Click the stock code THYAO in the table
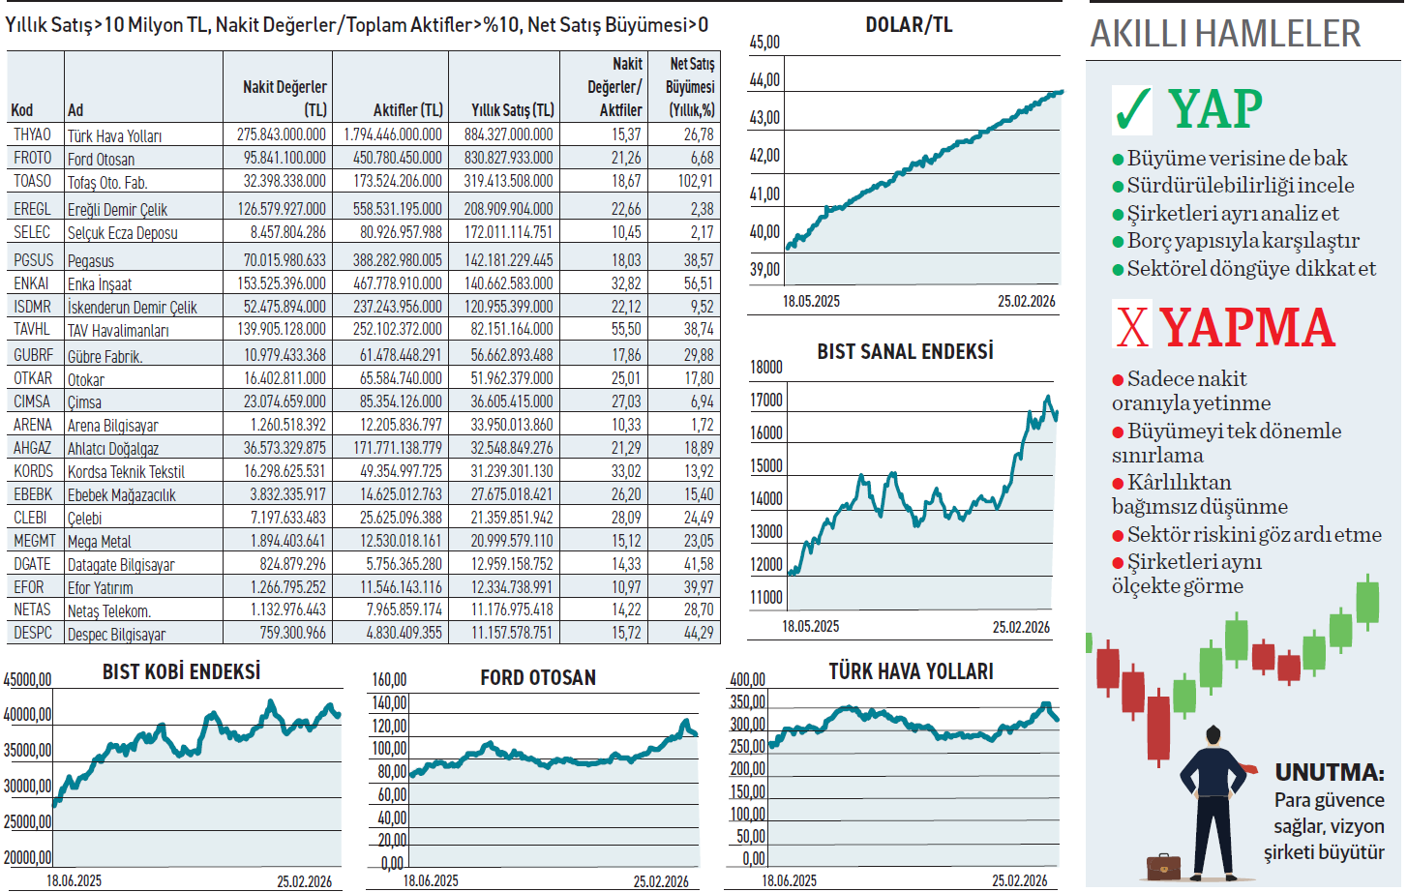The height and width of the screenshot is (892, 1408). click(32, 134)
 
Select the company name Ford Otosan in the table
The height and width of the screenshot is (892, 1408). click(101, 159)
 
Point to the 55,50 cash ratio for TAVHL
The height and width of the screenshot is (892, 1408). click(625, 329)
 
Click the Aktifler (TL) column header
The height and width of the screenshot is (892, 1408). click(407, 110)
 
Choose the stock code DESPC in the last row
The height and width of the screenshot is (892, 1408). click(33, 633)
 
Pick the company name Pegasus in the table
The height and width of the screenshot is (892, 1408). click(91, 260)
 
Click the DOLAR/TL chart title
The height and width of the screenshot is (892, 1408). click(909, 25)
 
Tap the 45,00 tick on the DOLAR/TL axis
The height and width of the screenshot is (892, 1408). click(764, 43)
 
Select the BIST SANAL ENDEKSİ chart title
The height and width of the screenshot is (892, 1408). click(905, 351)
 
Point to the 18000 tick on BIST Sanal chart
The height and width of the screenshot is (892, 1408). click(766, 368)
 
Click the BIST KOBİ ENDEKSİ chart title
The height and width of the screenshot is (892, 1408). click(181, 671)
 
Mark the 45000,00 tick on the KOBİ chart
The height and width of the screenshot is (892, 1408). click(27, 680)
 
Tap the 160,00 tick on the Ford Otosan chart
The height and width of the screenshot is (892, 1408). click(389, 680)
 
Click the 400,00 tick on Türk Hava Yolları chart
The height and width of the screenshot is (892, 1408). click(747, 680)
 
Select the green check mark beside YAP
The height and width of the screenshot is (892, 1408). click(1132, 109)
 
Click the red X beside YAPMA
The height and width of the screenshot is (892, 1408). click(1132, 326)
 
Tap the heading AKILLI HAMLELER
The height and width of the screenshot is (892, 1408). click(1225, 34)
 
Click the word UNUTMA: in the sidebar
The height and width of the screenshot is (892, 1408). click(1329, 772)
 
